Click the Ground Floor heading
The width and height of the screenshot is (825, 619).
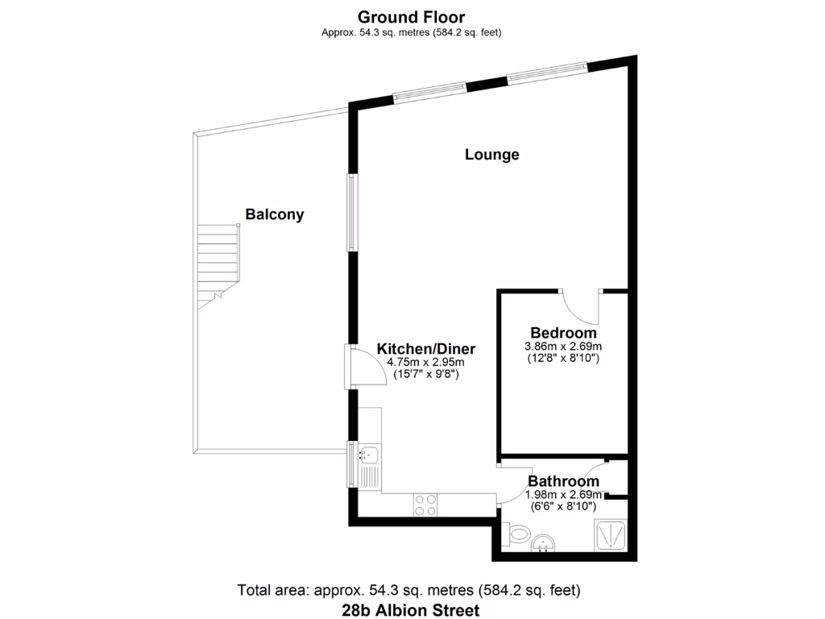pyautogui.click(x=412, y=16)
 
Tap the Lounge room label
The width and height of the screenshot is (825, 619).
pyautogui.click(x=491, y=155)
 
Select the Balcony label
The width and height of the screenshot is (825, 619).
pyautogui.click(x=275, y=214)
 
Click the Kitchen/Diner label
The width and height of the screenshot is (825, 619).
pyautogui.click(x=426, y=349)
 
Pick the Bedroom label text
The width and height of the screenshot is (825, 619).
pyautogui.click(x=563, y=333)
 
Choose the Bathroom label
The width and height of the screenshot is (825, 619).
pyautogui.click(x=563, y=482)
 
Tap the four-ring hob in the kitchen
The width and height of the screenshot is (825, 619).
pyautogui.click(x=425, y=504)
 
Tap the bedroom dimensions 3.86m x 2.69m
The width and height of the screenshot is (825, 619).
pyautogui.click(x=563, y=347)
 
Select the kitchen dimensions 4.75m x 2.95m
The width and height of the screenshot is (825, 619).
pyautogui.click(x=426, y=363)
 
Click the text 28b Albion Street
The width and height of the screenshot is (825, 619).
pyautogui.click(x=412, y=610)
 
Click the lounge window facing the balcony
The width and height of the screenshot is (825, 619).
pyautogui.click(x=350, y=212)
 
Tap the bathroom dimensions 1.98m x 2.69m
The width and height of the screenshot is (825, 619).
pyautogui.click(x=563, y=495)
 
